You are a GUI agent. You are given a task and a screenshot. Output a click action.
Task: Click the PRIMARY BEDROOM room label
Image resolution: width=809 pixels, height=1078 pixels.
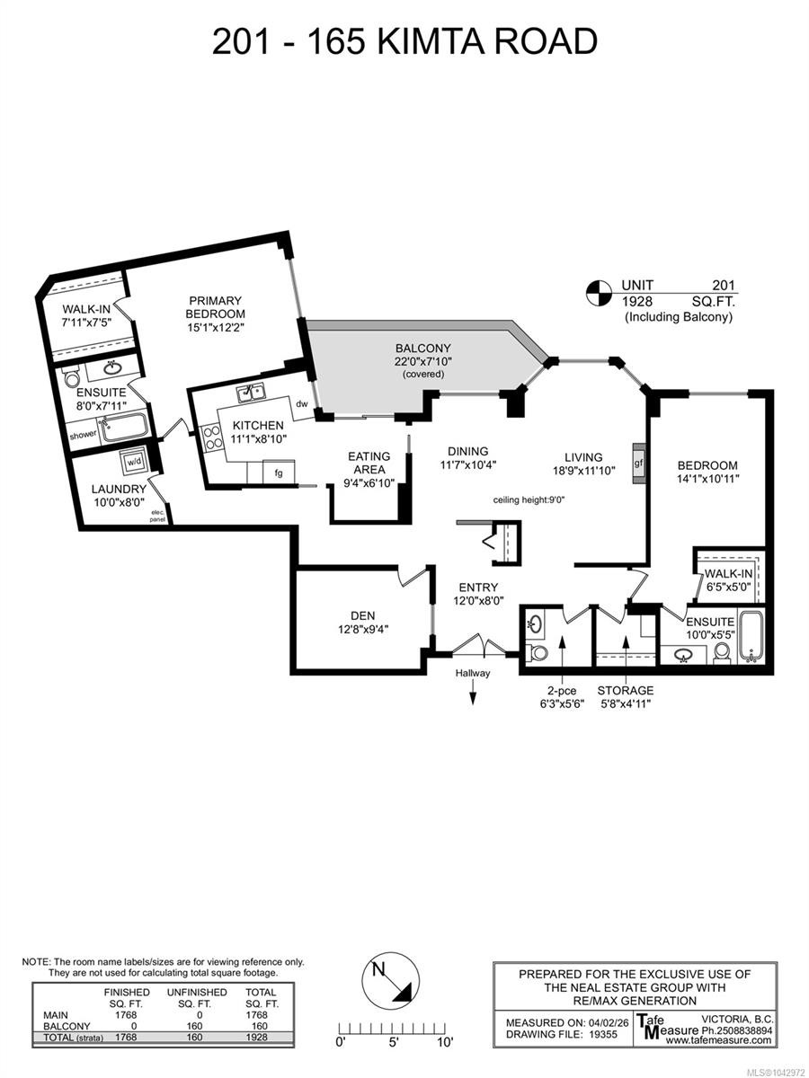pyautogui.click(x=215, y=307)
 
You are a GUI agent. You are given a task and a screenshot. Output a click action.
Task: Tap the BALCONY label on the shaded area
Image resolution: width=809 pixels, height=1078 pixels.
pyautogui.click(x=422, y=349)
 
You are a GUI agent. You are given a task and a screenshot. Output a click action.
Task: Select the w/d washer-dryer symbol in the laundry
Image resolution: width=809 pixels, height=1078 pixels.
pyautogui.click(x=134, y=462)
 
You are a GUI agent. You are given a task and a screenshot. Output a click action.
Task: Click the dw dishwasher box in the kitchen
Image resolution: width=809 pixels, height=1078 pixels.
pyautogui.click(x=302, y=404)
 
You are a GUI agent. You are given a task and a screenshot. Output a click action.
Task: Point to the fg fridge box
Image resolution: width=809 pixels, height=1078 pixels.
pyautogui.click(x=279, y=473)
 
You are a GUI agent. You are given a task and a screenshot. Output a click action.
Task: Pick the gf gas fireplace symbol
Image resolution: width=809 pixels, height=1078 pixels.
pyautogui.click(x=639, y=464)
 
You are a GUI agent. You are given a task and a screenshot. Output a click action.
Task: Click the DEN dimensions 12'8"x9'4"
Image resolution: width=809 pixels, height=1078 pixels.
pyautogui.click(x=363, y=629)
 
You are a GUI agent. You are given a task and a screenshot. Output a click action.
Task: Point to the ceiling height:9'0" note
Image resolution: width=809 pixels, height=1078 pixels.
pyautogui.click(x=529, y=500)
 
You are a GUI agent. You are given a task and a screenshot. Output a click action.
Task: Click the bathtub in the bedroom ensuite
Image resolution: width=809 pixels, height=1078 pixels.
pyautogui.click(x=751, y=636)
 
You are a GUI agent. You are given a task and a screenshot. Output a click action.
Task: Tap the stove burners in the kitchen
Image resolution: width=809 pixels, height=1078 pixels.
pyautogui.click(x=212, y=437)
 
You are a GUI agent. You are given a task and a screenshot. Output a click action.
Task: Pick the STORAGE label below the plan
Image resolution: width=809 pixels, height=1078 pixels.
pyautogui.click(x=626, y=691)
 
